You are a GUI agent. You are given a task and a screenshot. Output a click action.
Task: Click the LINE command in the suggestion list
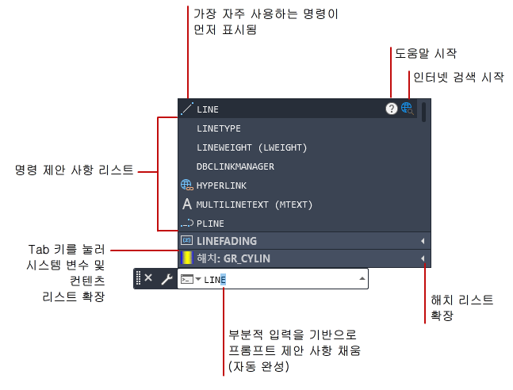click(208, 109)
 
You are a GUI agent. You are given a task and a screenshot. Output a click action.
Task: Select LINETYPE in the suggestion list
click(219, 128)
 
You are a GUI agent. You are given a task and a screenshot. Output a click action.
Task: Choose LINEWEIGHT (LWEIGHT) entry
click(251, 147)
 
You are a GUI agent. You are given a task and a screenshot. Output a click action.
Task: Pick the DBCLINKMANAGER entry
click(235, 166)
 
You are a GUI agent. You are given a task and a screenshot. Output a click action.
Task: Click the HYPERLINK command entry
click(221, 185)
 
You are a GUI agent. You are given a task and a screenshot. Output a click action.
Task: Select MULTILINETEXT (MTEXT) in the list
click(255, 205)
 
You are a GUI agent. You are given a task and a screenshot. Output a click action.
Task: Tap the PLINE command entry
click(209, 224)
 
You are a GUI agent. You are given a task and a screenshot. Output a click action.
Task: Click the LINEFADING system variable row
click(227, 241)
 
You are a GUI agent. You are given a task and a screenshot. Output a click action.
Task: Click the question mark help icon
click(391, 109)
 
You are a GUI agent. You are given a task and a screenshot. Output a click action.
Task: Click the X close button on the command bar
click(148, 279)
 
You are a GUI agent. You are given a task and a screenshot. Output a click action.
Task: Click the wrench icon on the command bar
click(167, 279)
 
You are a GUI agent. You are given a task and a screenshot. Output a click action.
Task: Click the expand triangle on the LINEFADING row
click(423, 241)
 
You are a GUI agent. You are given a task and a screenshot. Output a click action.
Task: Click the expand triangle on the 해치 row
click(423, 258)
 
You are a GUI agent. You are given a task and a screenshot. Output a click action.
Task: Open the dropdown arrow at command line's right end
click(362, 279)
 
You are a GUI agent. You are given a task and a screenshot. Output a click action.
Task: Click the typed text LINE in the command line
click(215, 280)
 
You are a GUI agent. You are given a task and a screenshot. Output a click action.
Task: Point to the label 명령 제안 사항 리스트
click(75, 170)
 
